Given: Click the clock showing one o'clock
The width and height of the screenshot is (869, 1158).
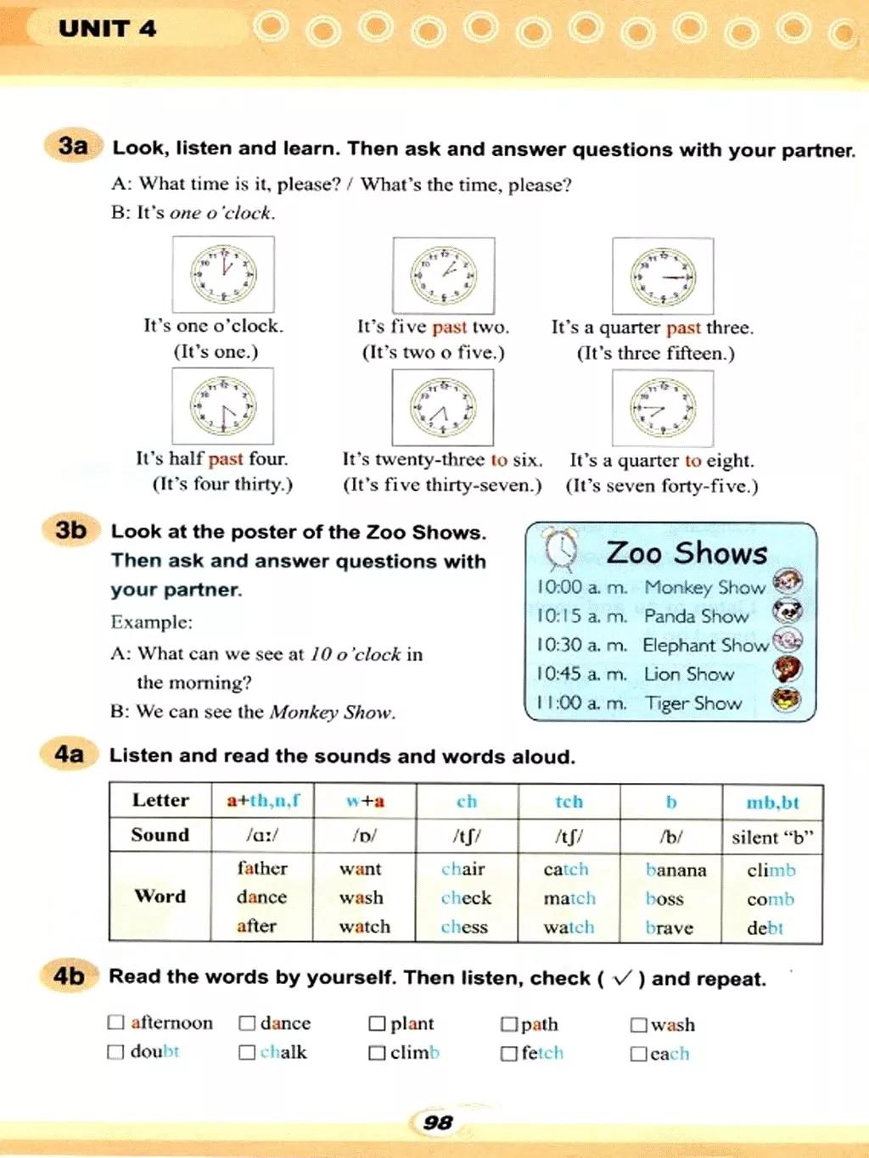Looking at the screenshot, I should pyautogui.click(x=223, y=274).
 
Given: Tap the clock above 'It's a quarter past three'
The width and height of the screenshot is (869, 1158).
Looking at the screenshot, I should pyautogui.click(x=664, y=276).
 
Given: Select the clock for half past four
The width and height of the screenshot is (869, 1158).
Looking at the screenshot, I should pyautogui.click(x=222, y=406).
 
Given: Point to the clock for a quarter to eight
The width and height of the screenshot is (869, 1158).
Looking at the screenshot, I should pyautogui.click(x=663, y=408).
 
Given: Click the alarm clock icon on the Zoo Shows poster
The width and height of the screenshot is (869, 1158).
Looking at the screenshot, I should pyautogui.click(x=560, y=550).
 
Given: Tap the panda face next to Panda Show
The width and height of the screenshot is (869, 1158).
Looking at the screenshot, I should pyautogui.click(x=788, y=612).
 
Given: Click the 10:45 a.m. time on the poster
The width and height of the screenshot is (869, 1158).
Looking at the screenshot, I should pyautogui.click(x=581, y=674).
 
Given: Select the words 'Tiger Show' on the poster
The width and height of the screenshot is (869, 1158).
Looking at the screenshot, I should pyautogui.click(x=693, y=703).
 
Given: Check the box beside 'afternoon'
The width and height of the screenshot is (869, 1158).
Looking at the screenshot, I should pyautogui.click(x=116, y=1022).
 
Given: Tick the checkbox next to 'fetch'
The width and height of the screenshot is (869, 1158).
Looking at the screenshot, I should pyautogui.click(x=508, y=1053).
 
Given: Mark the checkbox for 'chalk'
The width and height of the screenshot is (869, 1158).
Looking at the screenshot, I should pyautogui.click(x=247, y=1052).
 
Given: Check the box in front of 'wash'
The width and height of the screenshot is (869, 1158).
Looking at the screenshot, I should pyautogui.click(x=638, y=1025).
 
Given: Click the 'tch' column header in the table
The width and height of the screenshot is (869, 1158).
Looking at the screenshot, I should pyautogui.click(x=569, y=802).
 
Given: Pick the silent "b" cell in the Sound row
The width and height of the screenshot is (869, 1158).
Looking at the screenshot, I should pyautogui.click(x=772, y=837).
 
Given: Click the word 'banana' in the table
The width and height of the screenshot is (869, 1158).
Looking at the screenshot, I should pyautogui.click(x=676, y=870).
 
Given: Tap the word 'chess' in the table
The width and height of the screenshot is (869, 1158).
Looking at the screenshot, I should pyautogui.click(x=464, y=927).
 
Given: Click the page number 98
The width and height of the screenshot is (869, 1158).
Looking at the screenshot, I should pyautogui.click(x=437, y=1122).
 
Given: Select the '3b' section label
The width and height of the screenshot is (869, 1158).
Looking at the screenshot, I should pyautogui.click(x=71, y=530).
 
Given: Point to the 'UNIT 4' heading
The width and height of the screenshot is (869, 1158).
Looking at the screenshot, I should pyautogui.click(x=108, y=29).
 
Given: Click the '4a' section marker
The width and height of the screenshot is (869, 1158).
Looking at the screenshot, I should pyautogui.click(x=70, y=753).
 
